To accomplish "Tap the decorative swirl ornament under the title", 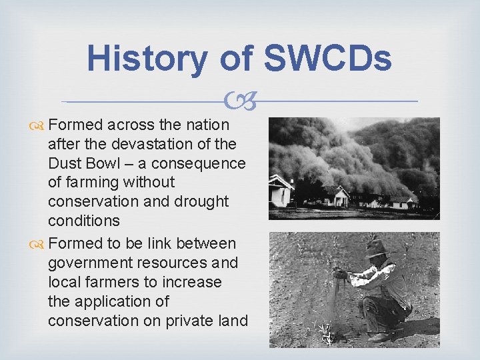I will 239,102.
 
